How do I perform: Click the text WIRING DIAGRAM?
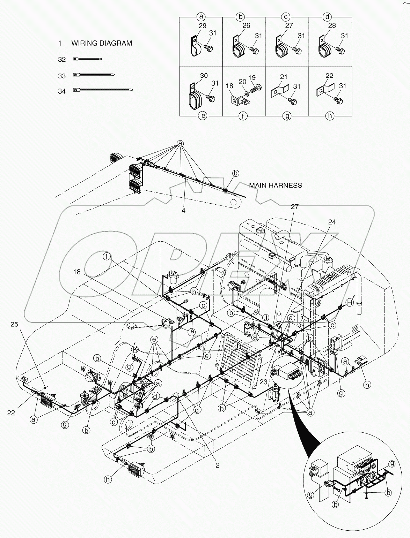pyautogui.click(x=102, y=43)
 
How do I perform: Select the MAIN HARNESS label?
pyautogui.click(x=276, y=185)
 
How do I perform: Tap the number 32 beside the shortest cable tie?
pyautogui.click(x=62, y=60)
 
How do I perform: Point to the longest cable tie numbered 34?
pyautogui.click(x=103, y=90)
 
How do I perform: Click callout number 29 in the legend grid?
pyautogui.click(x=202, y=26)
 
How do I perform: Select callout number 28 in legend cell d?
pyautogui.click(x=332, y=25)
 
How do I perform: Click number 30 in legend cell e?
pyautogui.click(x=204, y=76)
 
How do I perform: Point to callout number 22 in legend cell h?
pyautogui.click(x=329, y=76)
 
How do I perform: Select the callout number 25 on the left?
pyautogui.click(x=14, y=325)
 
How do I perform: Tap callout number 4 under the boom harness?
pyautogui.click(x=183, y=211)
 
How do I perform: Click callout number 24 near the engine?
pyautogui.click(x=332, y=222)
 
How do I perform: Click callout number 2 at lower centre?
pyautogui.click(x=218, y=465)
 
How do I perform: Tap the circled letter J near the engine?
pyautogui.click(x=266, y=318)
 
